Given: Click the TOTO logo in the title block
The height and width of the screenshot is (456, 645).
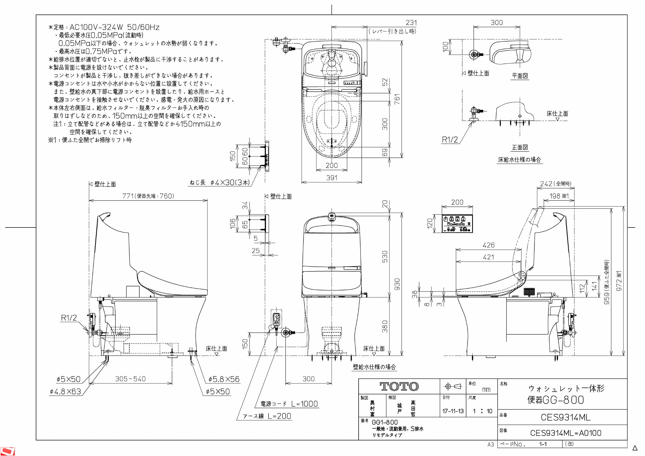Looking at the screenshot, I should coord(399,387).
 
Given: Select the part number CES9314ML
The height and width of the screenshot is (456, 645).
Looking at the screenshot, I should coord(565,418).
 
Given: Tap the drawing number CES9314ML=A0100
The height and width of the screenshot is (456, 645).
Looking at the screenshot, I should coord(565,433).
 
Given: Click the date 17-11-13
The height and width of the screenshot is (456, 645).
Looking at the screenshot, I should coord(453,411).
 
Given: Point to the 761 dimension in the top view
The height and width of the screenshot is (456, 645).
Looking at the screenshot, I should coord(397,99).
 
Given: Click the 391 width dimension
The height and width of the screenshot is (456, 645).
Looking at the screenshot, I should coord(331,178).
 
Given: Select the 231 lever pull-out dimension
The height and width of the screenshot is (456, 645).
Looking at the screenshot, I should coord(411,22).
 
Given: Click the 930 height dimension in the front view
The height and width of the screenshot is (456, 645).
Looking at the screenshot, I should coord(397,284).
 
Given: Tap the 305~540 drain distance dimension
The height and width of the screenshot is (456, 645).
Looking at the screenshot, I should coord(130,379).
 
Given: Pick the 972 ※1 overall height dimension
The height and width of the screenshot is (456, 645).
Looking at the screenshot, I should coord(619,281).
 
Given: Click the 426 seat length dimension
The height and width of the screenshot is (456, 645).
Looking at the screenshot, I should coord(488,245).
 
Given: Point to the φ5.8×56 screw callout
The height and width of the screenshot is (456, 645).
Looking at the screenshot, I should coord(224,379).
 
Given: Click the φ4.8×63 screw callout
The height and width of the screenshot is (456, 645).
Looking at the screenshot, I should coord(66,391).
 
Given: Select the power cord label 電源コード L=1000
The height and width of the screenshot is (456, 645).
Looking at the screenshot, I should coord(289,404).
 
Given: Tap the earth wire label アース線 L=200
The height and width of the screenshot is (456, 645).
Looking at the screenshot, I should coord(267,416).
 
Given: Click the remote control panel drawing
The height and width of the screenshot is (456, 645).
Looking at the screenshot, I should coord(457,223).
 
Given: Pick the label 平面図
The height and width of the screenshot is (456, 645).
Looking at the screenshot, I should coord(520,76).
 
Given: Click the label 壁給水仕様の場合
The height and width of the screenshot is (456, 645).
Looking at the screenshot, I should coord(374,367).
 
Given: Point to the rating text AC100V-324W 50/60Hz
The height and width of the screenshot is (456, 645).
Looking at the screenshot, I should coord(114,27).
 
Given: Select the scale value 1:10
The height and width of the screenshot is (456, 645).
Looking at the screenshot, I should coord(482,411).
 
